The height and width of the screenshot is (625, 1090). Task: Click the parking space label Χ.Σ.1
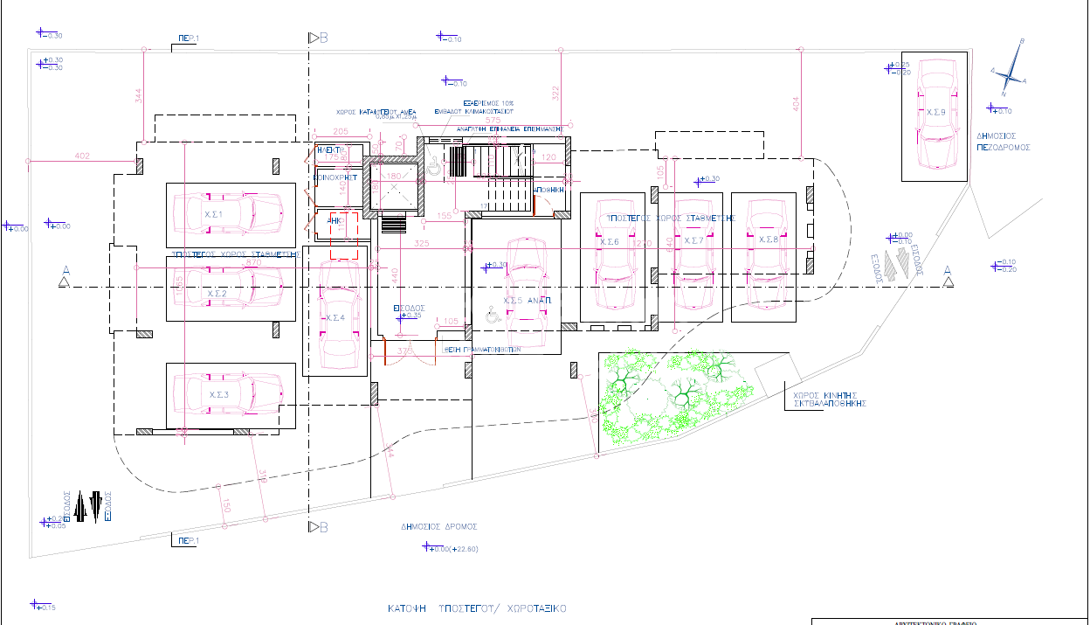pos(214,214)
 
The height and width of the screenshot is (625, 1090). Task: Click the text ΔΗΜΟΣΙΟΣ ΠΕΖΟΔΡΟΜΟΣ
pos(1004,142)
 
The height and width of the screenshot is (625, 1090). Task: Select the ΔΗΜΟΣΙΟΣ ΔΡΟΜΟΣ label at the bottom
pos(439,527)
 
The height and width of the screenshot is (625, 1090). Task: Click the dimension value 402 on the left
pos(82,156)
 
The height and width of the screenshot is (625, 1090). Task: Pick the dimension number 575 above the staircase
pos(493,120)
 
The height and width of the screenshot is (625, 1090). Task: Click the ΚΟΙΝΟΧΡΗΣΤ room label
pos(336,177)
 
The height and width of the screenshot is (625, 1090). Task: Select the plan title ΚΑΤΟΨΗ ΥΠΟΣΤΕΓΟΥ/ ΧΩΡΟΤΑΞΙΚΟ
pos(478,608)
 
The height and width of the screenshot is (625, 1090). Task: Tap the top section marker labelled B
pos(319,38)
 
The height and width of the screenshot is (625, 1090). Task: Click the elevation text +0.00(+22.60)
pos(456,549)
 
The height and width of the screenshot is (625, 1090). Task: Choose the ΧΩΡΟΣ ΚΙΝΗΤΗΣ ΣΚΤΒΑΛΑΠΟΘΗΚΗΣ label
pos(828,399)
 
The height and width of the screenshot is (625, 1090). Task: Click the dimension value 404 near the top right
pos(795,103)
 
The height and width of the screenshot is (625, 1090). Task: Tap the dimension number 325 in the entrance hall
pos(422,243)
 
